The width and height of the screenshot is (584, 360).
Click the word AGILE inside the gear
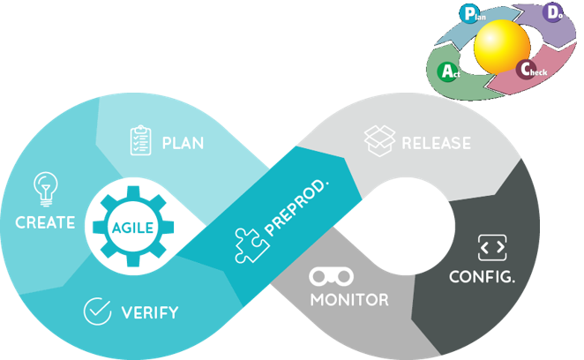[132, 227]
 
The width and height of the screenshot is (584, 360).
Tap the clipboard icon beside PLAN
[140, 141]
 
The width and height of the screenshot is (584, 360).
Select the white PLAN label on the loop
[183, 142]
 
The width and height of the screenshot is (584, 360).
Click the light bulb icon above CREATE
[42, 189]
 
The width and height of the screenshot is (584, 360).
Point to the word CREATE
[45, 222]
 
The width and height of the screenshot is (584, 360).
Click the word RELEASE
[436, 143]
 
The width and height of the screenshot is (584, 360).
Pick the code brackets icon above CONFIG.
[490, 247]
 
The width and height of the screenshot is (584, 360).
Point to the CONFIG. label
[483, 276]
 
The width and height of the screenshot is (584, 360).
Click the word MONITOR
[348, 300]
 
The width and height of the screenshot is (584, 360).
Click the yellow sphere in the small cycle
[503, 46]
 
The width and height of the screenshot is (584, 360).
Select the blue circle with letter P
[469, 12]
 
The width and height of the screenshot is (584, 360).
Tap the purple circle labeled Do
[554, 14]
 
